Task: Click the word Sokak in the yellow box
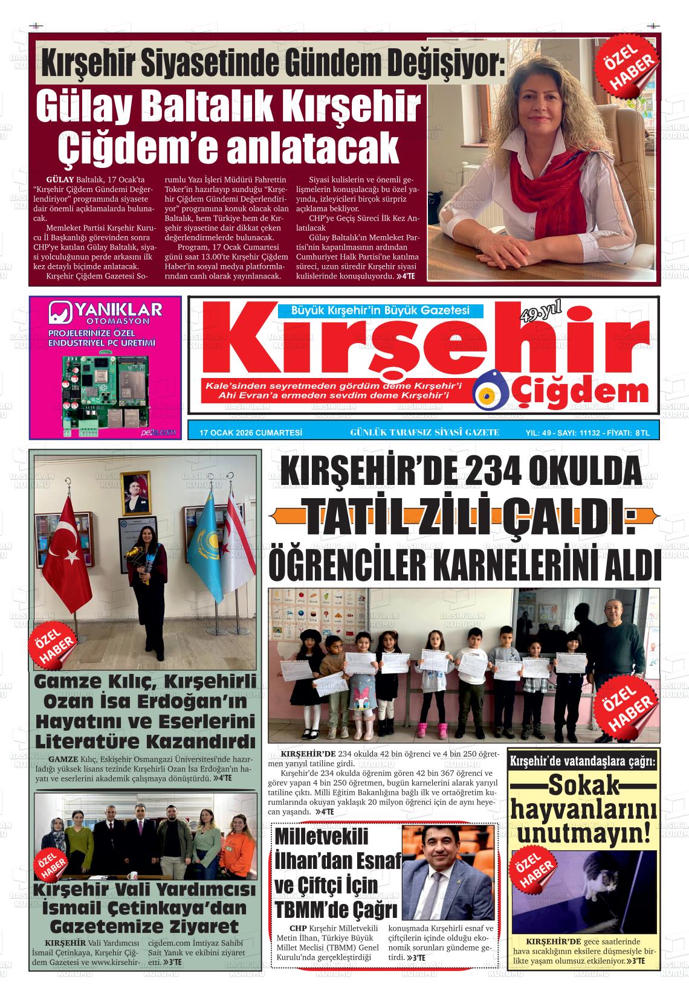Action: pyautogui.click(x=584, y=787)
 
